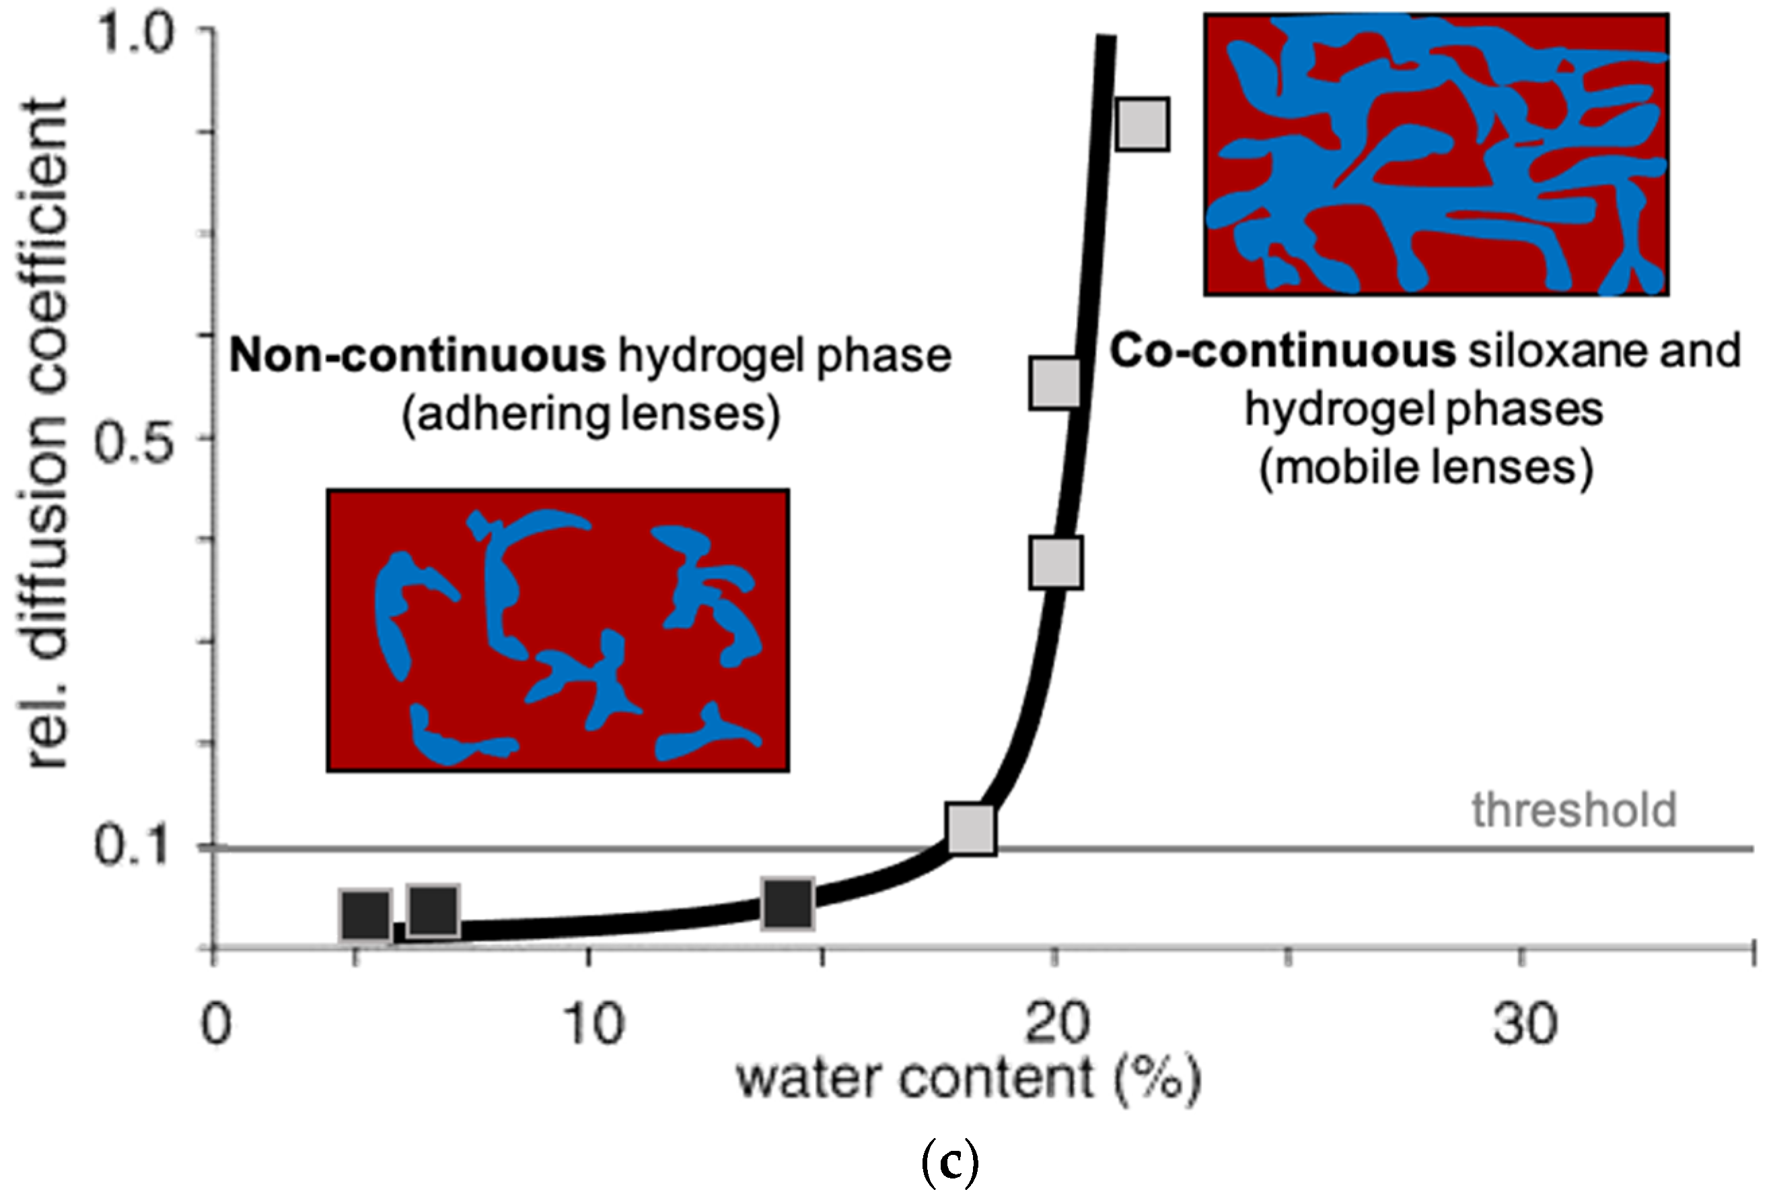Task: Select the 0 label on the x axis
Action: (215, 1024)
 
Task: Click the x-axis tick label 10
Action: (594, 1024)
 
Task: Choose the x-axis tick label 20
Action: (1057, 1024)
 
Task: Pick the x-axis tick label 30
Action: (1524, 1024)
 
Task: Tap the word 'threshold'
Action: (1573, 809)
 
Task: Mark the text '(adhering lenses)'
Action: (591, 413)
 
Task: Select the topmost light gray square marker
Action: (1143, 124)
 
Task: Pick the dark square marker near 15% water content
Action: (787, 903)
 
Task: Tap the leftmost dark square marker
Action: (366, 914)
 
